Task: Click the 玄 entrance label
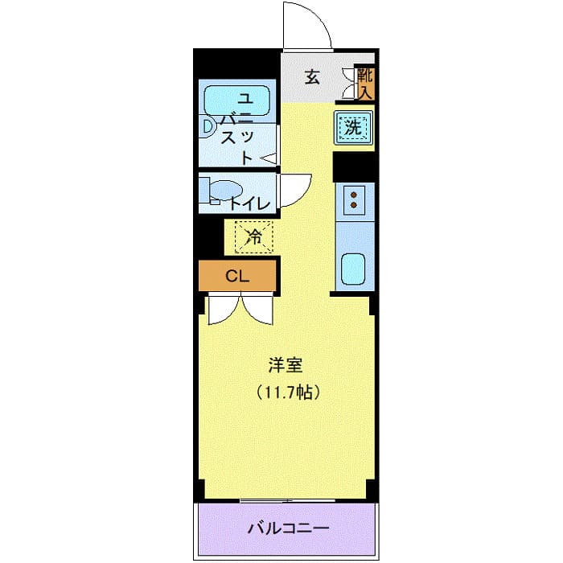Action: tap(311, 77)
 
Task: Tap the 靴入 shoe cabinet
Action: tap(366, 84)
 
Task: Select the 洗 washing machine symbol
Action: tap(353, 126)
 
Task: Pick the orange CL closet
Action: tap(238, 276)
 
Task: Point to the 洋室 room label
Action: tap(285, 364)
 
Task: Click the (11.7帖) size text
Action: tap(289, 393)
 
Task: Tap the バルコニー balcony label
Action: tap(288, 528)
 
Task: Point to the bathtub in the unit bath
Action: tap(238, 101)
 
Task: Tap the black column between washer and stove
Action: tap(355, 166)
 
